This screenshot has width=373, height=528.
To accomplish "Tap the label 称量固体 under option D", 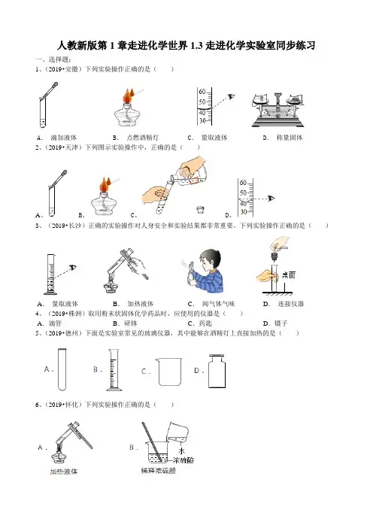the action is (290, 138).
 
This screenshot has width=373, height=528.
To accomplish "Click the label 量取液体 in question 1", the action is (214, 138).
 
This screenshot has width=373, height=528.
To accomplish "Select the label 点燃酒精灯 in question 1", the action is (142, 138).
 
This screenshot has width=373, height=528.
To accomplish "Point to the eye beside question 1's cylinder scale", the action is (232, 96).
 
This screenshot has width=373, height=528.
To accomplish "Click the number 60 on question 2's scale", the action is (244, 183).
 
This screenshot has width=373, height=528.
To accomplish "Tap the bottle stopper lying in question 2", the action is (200, 210).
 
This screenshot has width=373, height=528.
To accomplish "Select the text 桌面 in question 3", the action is (289, 275).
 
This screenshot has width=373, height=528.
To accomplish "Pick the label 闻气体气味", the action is (219, 304).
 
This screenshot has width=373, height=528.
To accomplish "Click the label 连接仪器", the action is (291, 304).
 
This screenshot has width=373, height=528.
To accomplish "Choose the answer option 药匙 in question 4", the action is (205, 323).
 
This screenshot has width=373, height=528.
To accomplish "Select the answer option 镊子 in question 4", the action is (281, 323).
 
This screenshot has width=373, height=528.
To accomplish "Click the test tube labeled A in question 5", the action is (62, 369).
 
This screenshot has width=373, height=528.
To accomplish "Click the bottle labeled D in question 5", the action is (217, 371).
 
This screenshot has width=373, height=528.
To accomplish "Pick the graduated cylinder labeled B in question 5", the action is (114, 370).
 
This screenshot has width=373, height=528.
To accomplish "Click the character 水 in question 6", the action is (182, 451).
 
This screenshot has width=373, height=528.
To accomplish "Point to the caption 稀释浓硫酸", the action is (159, 471).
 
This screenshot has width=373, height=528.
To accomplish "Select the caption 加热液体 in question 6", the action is (64, 472).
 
